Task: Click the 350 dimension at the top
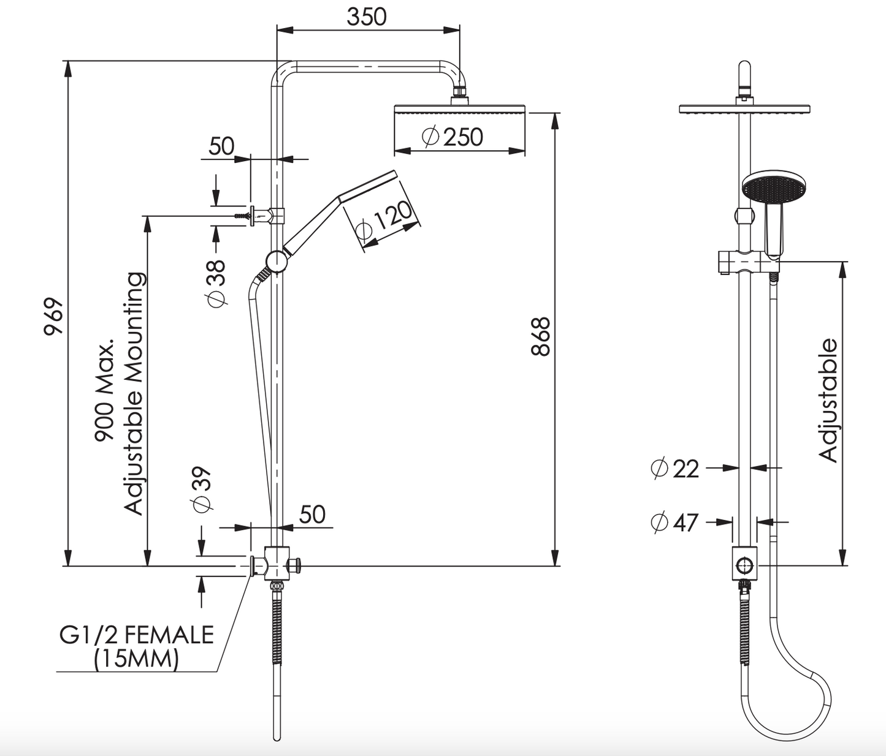tap(367, 17)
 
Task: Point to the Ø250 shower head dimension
tap(453, 137)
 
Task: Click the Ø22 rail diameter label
tap(674, 469)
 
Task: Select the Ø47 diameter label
tap(674, 523)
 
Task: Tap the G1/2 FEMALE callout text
tap(136, 634)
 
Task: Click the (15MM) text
tap(136, 659)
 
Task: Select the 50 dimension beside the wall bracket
tap(221, 146)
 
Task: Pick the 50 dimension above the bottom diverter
tap(312, 515)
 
